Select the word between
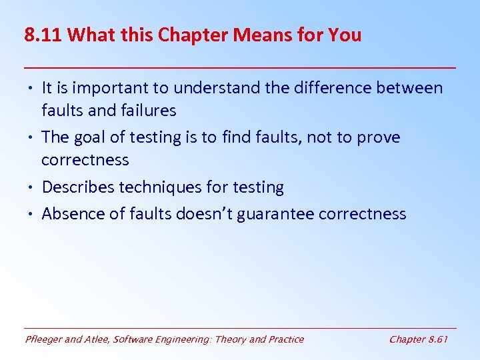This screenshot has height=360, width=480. [410, 88]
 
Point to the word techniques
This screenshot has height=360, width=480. [159, 188]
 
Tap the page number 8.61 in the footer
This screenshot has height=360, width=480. [437, 339]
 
